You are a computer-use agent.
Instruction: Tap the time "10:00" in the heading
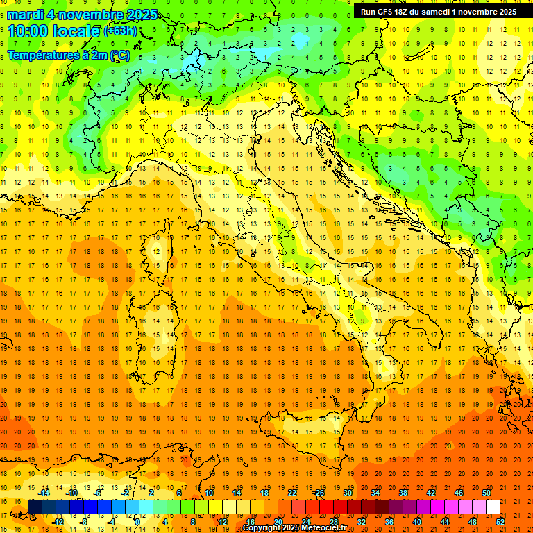click(32, 31)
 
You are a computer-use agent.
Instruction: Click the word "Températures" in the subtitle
click(41, 55)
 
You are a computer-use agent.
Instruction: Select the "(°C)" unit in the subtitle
click(120, 55)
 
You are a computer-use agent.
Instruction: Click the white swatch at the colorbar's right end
click(493, 507)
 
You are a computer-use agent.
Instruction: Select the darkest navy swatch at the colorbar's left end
click(35, 507)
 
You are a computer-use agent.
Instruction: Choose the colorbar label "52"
click(500, 522)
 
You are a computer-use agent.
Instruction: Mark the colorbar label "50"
click(486, 493)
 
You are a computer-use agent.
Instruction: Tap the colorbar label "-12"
click(58, 522)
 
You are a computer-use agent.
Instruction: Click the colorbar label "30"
click(347, 493)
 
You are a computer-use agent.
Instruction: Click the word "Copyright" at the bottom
click(262, 528)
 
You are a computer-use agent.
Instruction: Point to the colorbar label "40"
click(417, 522)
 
